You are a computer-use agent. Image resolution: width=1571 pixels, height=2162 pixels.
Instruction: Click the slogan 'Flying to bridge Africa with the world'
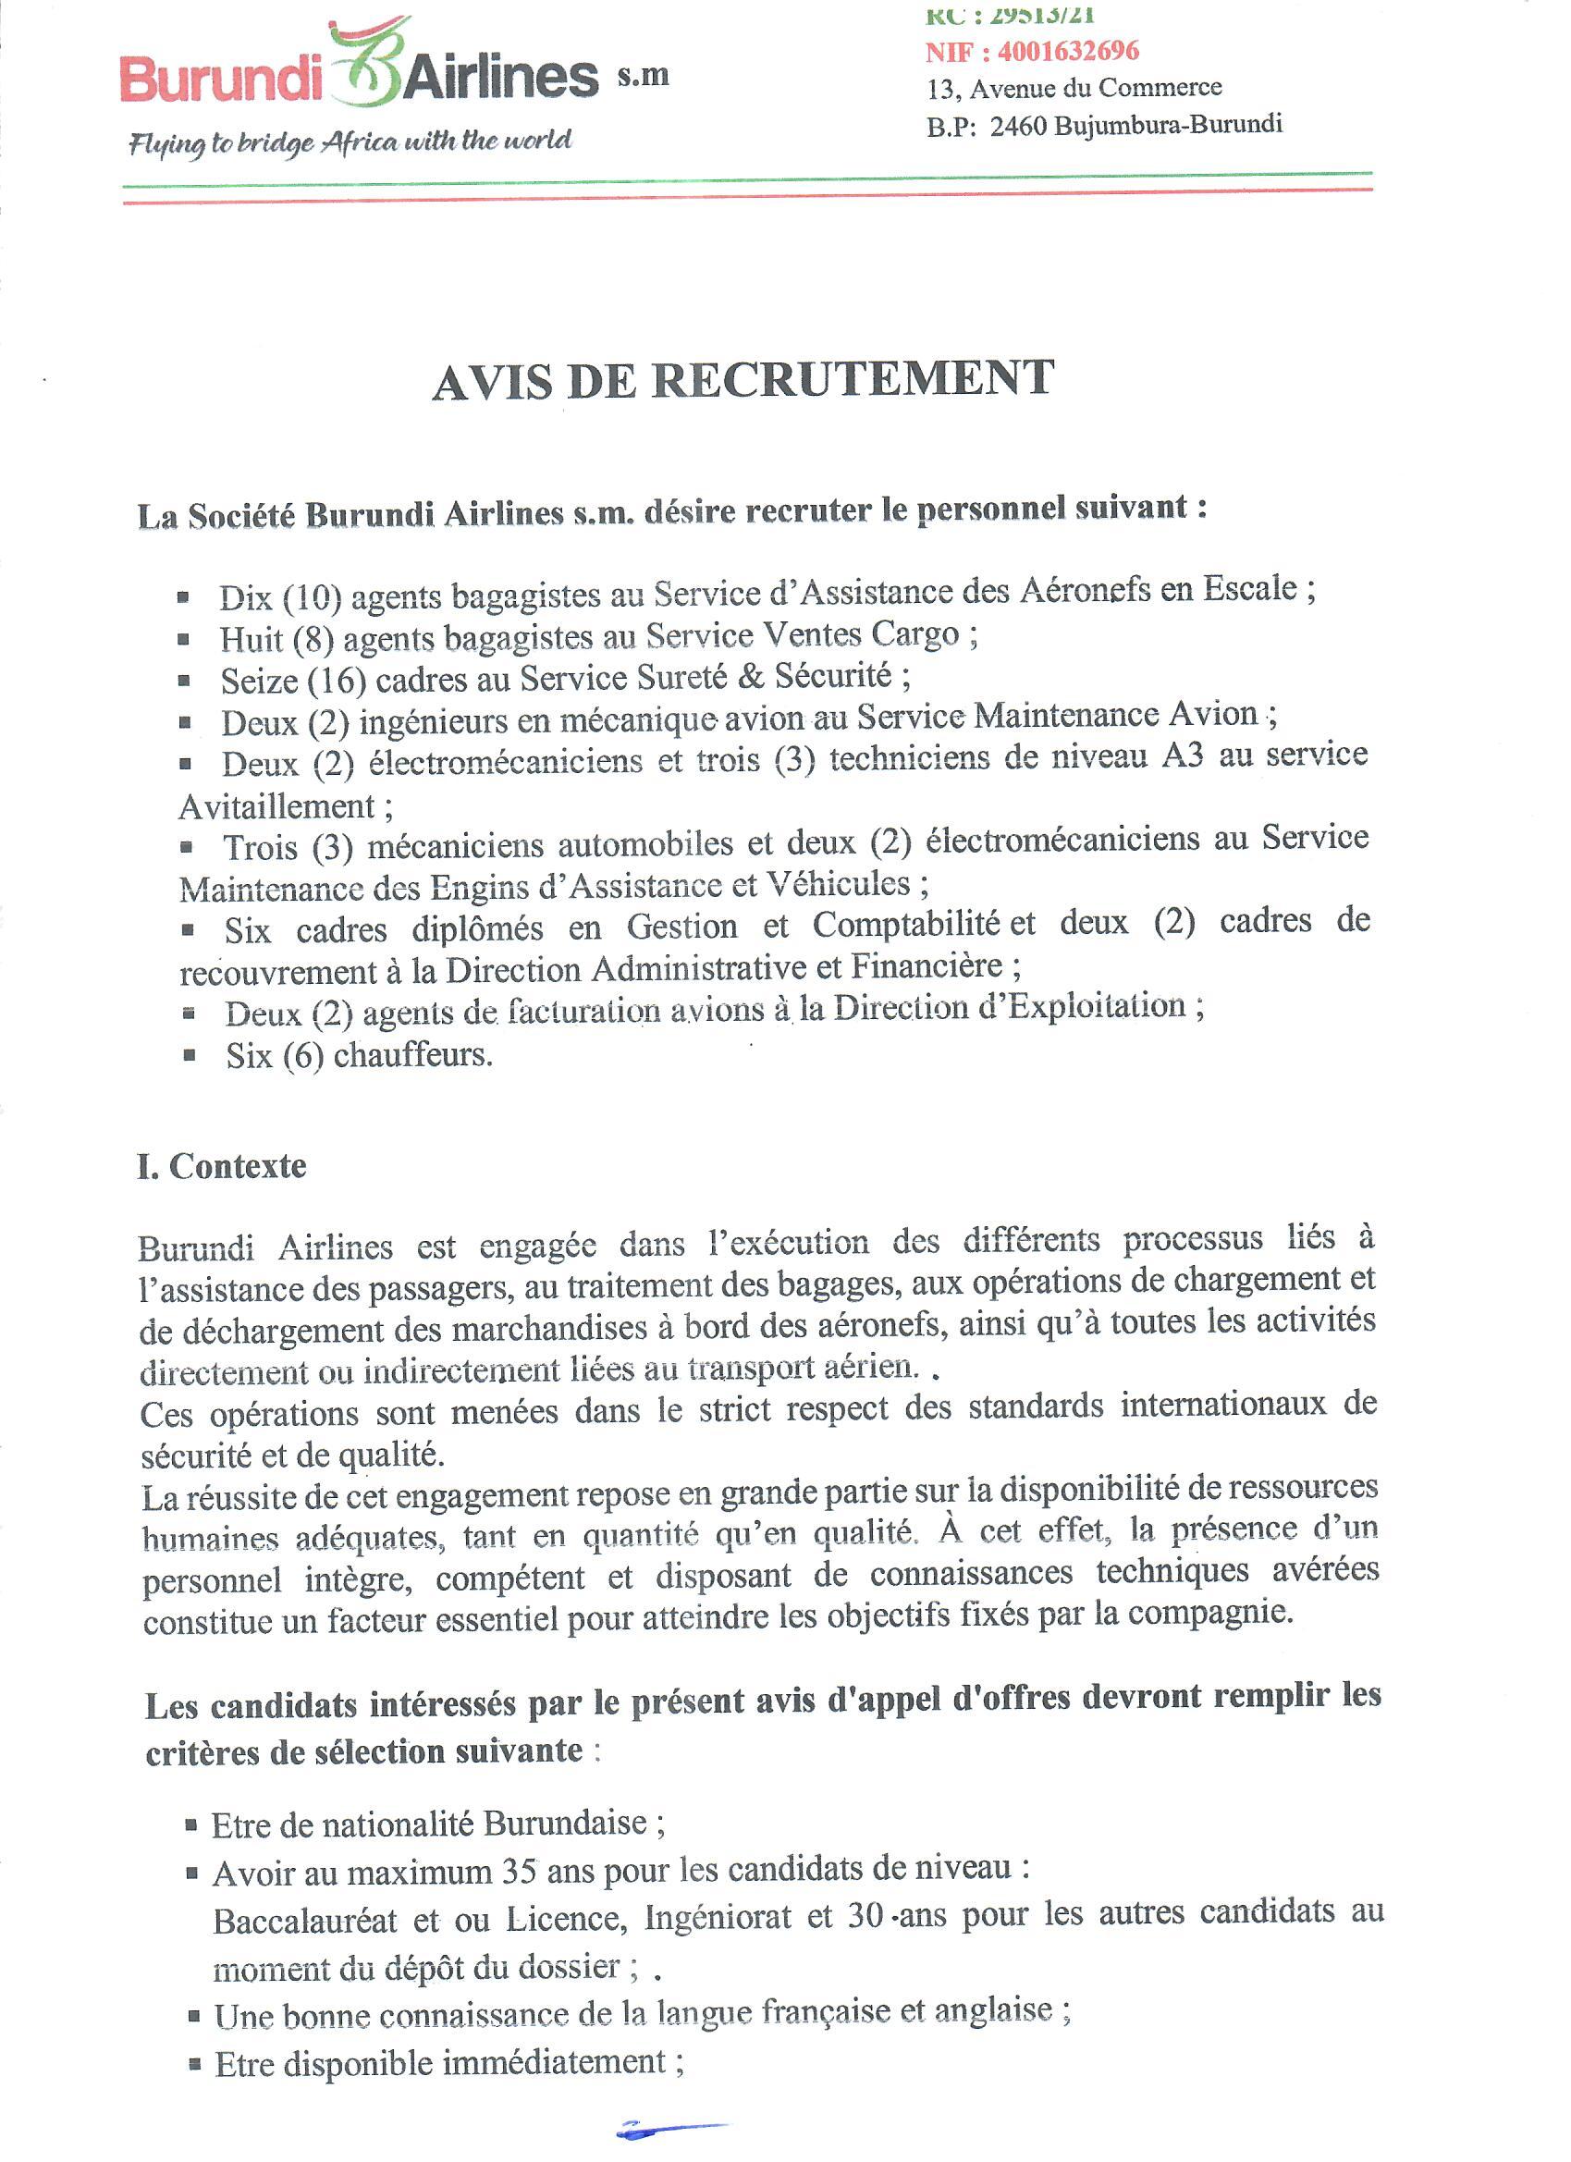pos(350,142)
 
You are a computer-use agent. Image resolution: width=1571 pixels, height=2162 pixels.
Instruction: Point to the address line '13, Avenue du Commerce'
pos(1074,89)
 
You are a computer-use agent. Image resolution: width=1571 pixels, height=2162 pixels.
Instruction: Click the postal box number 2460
pos(1018,126)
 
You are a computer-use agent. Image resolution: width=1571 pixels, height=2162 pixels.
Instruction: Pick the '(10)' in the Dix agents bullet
pos(313,597)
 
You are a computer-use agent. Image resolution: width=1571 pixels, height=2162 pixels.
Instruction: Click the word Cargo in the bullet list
pos(915,634)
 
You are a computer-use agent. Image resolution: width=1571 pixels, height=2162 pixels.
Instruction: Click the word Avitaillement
pos(277,807)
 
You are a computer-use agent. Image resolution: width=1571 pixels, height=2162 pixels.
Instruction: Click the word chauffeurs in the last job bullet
pos(411,1055)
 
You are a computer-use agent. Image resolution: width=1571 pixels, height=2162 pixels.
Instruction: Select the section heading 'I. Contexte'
pos(222,1167)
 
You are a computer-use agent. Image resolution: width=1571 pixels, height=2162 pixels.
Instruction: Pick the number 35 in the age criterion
pos(521,1873)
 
